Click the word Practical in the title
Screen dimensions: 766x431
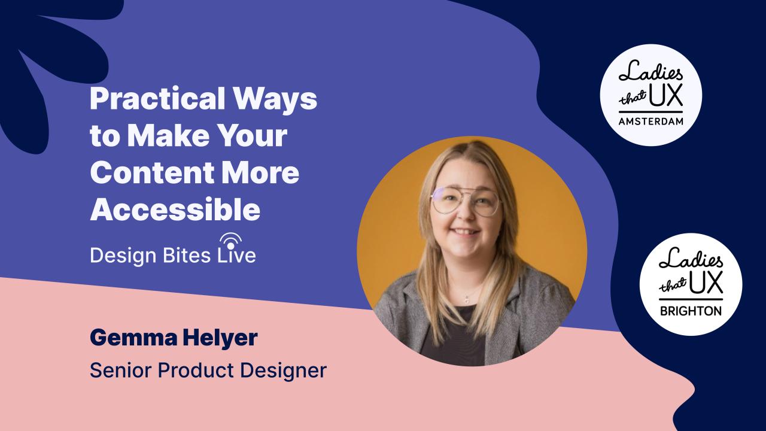coord(157,99)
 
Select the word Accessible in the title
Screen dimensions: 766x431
coord(175,210)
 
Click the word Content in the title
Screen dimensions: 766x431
coord(152,172)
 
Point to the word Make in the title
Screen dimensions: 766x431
coord(168,135)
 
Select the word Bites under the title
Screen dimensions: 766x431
coord(187,255)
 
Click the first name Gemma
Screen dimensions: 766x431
coord(133,338)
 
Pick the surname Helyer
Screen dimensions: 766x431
coord(220,339)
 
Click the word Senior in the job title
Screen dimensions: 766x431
coord(121,371)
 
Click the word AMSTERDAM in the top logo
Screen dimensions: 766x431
coord(651,121)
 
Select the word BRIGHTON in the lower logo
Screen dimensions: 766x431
coord(691,311)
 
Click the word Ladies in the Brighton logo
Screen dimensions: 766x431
coord(691,260)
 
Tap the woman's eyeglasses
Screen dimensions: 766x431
coord(466,201)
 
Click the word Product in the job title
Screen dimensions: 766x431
coord(195,371)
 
